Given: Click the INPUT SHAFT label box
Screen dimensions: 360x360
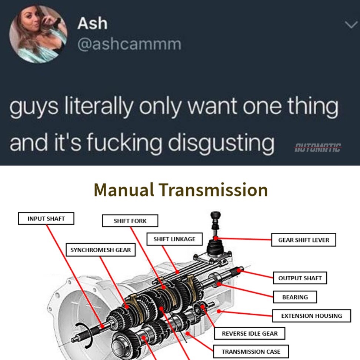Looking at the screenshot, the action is click(46, 218).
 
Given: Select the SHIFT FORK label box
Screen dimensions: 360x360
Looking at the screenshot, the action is click(130, 221).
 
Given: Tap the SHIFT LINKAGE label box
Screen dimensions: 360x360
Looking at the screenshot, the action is click(174, 239).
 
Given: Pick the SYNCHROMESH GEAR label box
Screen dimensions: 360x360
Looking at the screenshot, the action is click(101, 250).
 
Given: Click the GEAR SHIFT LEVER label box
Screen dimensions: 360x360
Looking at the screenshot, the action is click(304, 240).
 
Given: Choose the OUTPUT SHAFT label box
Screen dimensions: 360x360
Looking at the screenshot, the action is click(300, 278).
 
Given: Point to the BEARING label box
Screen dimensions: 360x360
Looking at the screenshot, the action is click(295, 297).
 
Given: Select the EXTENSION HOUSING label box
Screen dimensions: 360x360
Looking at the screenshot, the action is click(311, 316).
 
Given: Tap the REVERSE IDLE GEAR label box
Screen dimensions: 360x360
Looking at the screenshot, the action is click(250, 333).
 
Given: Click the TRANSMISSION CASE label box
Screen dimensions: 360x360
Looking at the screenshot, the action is click(251, 351).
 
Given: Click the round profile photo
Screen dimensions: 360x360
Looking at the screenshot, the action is click(38, 34).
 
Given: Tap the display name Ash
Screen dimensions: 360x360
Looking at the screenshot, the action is click(92, 23).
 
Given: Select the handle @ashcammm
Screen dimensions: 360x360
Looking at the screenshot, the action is click(129, 44).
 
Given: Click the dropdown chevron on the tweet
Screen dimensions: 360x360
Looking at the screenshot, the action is click(351, 24).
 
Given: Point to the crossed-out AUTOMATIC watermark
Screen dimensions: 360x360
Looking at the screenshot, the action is click(317, 147).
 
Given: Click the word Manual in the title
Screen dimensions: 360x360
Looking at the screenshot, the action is click(124, 190).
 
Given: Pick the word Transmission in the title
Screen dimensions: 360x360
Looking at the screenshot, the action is click(214, 190).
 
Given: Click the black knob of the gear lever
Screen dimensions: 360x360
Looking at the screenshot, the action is click(215, 216).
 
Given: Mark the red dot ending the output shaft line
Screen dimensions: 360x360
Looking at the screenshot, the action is click(239, 271).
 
